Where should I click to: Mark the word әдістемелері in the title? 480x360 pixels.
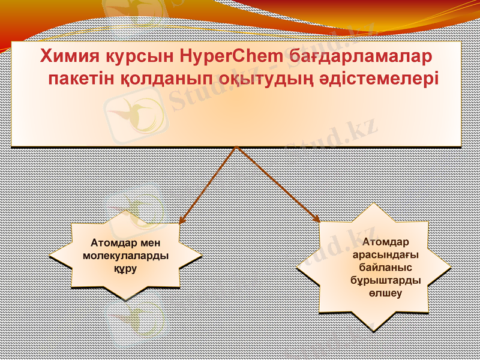point(375,79)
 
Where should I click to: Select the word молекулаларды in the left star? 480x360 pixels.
point(126,256)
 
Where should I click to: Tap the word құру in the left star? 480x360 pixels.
point(126,268)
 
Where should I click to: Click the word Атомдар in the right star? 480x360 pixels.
point(385,242)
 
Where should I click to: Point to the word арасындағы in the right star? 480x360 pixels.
point(385,254)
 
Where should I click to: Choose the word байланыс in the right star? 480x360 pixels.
point(385,267)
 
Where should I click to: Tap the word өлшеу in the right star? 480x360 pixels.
point(385,293)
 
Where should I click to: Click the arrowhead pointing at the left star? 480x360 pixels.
point(182,220)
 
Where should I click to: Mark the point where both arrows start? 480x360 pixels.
point(238,147)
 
